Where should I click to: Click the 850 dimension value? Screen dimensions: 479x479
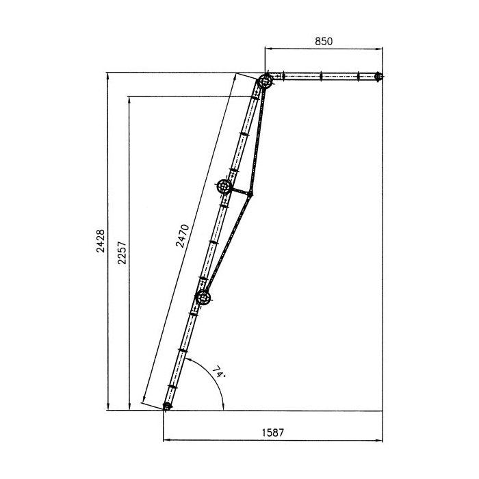[324, 41]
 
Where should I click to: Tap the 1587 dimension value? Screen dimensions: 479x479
[273, 432]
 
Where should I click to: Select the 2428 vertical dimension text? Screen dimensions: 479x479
[101, 241]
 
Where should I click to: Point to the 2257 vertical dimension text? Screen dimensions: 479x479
[122, 253]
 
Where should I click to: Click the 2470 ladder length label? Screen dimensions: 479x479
[183, 236]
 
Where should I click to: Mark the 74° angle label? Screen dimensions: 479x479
[219, 372]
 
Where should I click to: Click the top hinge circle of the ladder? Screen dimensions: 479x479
[265, 81]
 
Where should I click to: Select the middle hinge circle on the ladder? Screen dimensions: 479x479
[224, 186]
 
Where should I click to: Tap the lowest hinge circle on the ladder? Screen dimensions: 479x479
[203, 297]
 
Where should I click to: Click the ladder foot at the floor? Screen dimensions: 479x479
[167, 406]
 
